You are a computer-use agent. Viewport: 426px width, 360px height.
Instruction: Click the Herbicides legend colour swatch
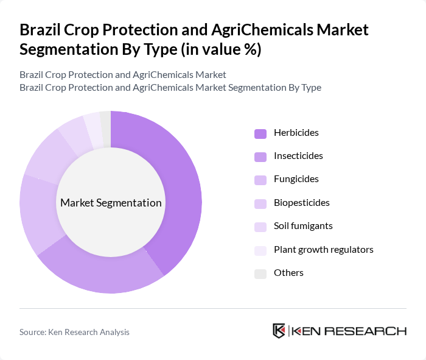(260, 133)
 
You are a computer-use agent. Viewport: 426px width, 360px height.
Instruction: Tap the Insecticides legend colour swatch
(260, 156)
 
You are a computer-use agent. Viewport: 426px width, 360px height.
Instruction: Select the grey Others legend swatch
(260, 273)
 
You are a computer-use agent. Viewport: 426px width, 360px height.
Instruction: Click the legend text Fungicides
(296, 179)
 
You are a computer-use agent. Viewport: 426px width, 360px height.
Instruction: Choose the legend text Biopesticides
(301, 202)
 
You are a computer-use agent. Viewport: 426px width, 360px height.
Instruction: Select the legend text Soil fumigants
(303, 226)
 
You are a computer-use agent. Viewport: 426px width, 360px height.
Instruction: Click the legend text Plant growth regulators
(323, 249)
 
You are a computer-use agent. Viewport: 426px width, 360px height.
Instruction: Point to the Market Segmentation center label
(111, 203)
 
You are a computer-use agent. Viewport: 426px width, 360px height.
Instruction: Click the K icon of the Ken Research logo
(279, 331)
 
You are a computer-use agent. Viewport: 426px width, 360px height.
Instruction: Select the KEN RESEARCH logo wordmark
(349, 331)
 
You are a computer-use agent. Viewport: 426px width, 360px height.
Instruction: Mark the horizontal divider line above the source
(213, 308)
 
